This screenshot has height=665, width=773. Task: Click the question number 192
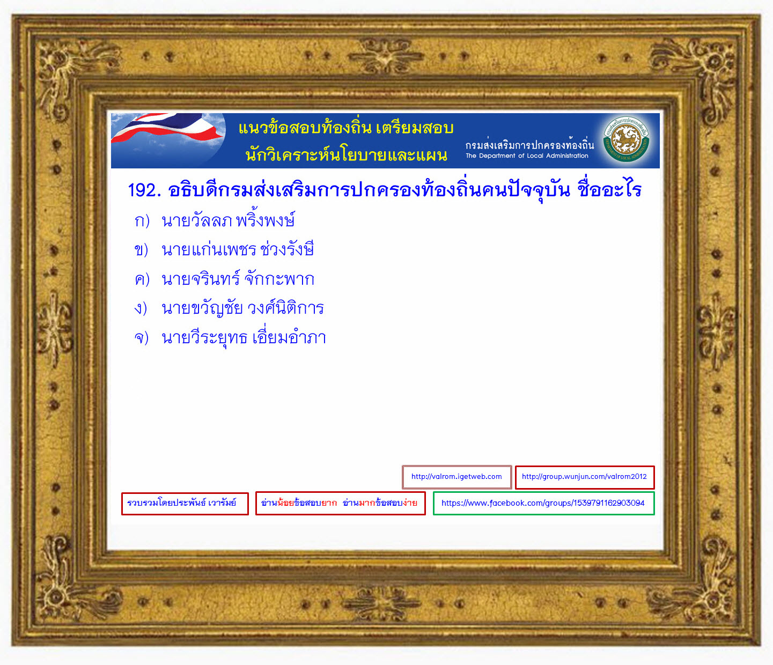(x=144, y=190)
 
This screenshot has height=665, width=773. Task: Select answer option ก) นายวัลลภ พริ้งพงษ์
(x=215, y=220)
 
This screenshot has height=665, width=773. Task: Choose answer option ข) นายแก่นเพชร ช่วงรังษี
(x=224, y=249)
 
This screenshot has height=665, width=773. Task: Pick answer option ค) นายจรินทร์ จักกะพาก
(x=224, y=279)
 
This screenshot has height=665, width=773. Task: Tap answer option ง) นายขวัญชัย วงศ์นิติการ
(x=229, y=308)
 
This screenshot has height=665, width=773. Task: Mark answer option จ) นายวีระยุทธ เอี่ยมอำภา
(x=230, y=337)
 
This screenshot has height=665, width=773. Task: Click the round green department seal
(x=626, y=139)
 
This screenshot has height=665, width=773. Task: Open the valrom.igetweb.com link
(x=457, y=477)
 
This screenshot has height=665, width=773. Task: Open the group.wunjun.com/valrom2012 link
(x=585, y=477)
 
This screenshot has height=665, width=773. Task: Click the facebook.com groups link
(x=543, y=503)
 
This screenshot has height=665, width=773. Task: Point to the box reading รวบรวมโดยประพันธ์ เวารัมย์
(x=185, y=504)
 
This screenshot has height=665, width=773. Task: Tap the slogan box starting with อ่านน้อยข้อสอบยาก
(x=340, y=503)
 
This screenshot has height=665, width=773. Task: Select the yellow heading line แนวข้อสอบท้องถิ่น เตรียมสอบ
(x=346, y=128)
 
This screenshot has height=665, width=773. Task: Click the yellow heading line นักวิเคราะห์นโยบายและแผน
(x=347, y=155)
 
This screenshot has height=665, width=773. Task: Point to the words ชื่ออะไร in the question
(x=610, y=189)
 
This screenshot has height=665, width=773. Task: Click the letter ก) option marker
(x=142, y=221)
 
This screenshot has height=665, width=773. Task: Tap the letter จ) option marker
(x=142, y=338)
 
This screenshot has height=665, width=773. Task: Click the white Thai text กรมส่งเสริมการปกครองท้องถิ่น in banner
(x=529, y=144)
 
